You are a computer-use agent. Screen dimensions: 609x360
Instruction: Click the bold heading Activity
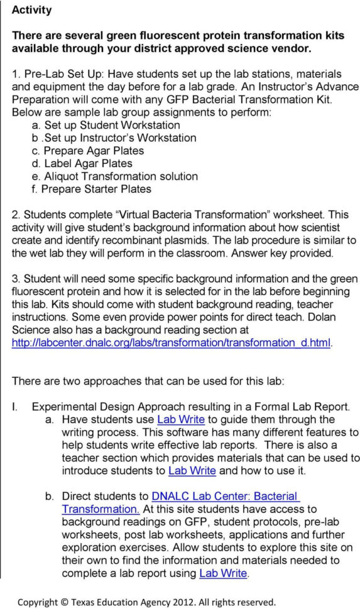pyautogui.click(x=32, y=10)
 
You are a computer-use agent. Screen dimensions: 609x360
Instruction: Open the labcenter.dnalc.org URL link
pyautogui.click(x=172, y=343)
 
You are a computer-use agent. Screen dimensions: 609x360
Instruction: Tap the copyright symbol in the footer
pyautogui.click(x=65, y=601)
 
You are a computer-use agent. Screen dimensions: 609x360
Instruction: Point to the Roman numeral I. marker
pyautogui.click(x=16, y=406)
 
